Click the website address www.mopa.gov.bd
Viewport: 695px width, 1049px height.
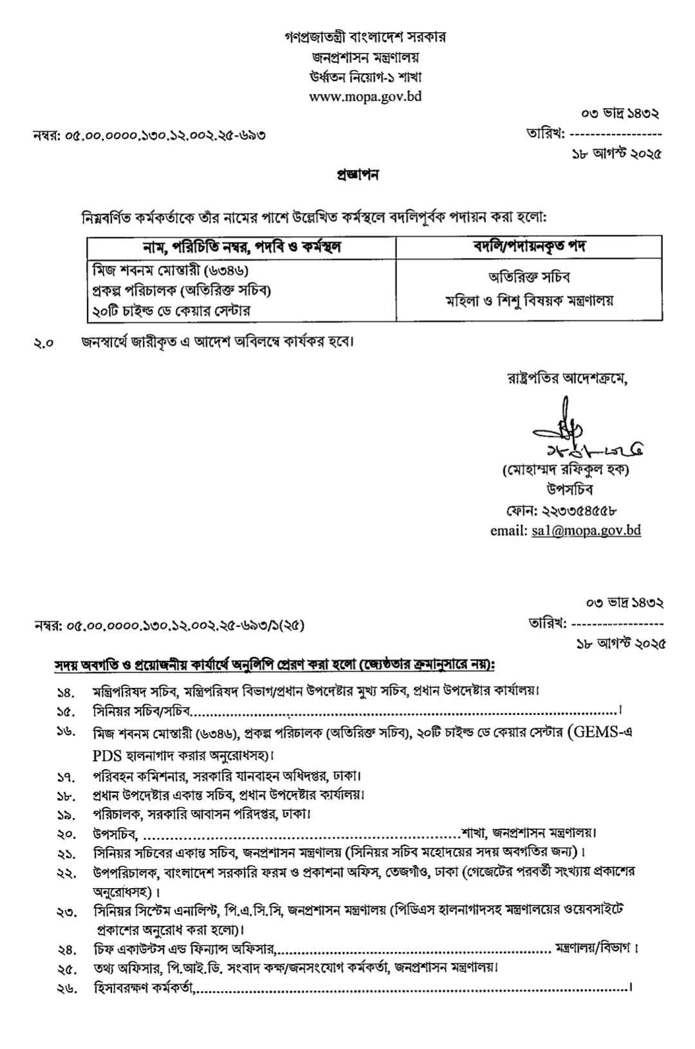click(x=365, y=97)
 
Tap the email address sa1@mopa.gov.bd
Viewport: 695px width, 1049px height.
click(x=586, y=530)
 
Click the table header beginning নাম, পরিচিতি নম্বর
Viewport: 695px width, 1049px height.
click(x=241, y=246)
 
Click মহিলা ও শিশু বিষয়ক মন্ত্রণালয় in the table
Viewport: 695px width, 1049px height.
click(x=529, y=300)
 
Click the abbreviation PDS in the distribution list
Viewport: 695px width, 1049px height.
click(x=107, y=754)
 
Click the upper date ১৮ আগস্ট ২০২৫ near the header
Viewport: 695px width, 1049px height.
click(x=616, y=154)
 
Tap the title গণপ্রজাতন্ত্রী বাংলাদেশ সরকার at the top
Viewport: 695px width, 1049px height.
click(x=365, y=36)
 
